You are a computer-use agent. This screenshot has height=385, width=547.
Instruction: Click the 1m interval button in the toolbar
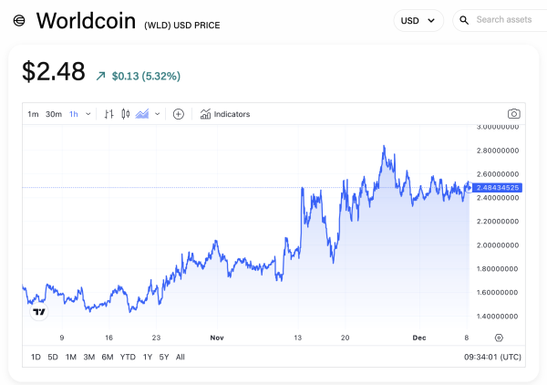(33, 114)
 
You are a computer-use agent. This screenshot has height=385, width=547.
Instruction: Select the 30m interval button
(54, 114)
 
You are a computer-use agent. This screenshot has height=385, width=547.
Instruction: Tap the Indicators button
(225, 114)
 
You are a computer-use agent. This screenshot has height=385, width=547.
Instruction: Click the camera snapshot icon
(514, 114)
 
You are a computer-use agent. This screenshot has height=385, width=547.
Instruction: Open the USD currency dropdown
(418, 20)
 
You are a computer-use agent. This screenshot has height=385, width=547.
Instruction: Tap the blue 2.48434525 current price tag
(498, 187)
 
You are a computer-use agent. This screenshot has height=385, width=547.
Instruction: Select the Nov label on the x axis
(217, 337)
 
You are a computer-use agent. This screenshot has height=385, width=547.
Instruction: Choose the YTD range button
(128, 357)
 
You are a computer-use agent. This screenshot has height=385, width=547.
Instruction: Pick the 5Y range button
(163, 357)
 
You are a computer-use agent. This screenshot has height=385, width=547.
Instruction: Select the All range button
(181, 357)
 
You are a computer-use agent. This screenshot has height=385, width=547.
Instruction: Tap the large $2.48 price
(54, 72)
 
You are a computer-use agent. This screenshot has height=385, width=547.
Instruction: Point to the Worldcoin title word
(87, 21)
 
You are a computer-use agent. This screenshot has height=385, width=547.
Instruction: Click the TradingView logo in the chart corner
(38, 312)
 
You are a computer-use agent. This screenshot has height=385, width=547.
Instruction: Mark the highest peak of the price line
(384, 146)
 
